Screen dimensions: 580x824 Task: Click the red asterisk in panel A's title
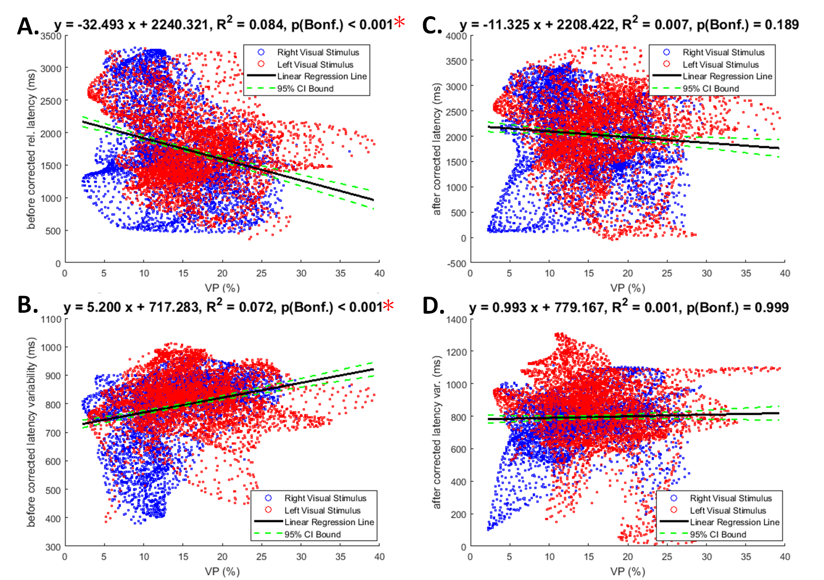click(399, 22)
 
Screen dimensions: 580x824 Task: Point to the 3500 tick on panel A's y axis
click(51, 36)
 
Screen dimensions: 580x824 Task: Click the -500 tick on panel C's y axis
click(456, 264)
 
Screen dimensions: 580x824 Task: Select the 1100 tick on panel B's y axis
click(51, 319)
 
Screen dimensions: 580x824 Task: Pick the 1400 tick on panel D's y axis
click(456, 320)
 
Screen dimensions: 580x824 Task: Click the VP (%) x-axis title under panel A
click(222, 288)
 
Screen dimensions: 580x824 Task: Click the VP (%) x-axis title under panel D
click(628, 571)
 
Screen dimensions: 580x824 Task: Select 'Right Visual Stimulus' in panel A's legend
click(318, 52)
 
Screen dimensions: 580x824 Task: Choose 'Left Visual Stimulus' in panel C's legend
click(721, 64)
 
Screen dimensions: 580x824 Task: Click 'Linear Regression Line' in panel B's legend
click(329, 522)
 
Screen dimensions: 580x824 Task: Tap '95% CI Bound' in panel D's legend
click(718, 534)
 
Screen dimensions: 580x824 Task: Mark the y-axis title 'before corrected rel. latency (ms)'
click(31, 149)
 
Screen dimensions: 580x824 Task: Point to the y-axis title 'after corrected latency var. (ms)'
click(437, 432)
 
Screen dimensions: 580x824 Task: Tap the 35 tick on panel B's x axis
click(340, 556)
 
